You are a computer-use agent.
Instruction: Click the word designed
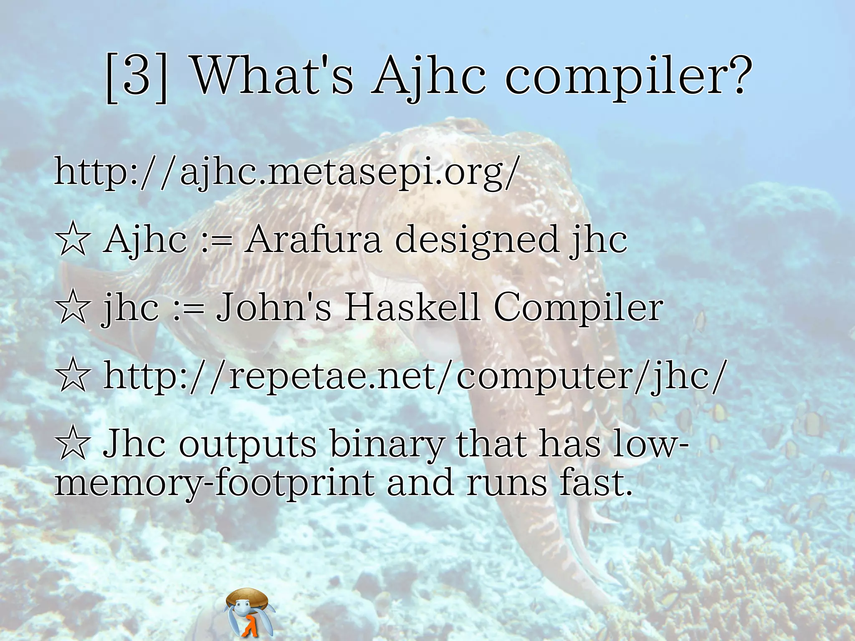click(476, 240)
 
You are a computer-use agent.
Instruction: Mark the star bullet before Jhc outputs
click(73, 444)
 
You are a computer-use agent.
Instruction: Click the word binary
click(386, 444)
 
